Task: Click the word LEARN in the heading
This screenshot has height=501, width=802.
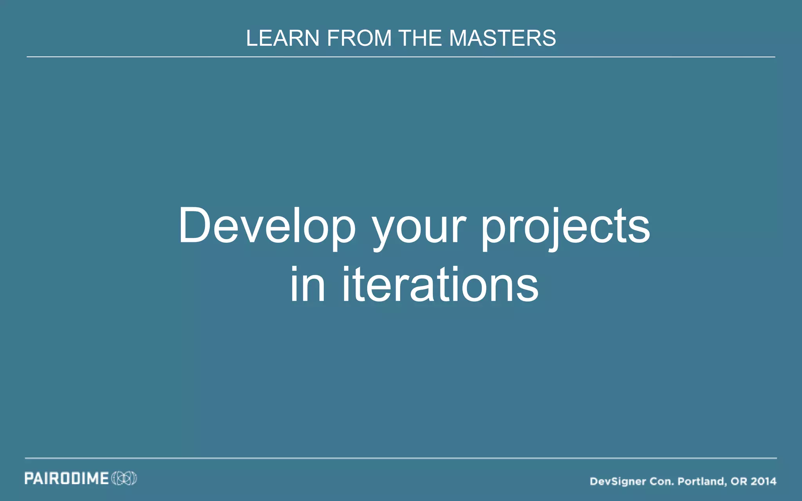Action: point(283,38)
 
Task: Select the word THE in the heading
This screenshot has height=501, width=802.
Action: point(420,38)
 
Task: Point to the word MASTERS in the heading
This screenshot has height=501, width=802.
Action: point(502,38)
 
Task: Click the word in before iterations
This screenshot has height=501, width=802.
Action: point(308,285)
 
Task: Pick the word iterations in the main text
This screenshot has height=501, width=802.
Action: point(440,285)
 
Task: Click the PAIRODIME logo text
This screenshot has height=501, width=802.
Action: point(67,478)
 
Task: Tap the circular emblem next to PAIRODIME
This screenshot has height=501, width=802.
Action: point(124,478)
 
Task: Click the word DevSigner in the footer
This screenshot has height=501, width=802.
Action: point(618,481)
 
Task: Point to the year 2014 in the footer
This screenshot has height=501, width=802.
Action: point(764,481)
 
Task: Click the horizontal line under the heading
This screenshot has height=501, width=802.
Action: point(401,57)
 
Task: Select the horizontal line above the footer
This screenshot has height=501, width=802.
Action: point(401,458)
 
